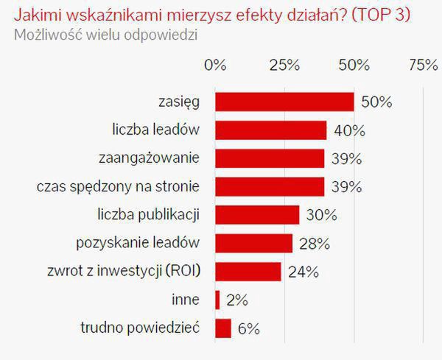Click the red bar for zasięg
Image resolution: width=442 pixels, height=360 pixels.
click(284, 102)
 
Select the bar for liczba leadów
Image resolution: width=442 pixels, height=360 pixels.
click(270, 130)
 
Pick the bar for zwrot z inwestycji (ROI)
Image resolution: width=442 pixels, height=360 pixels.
click(248, 271)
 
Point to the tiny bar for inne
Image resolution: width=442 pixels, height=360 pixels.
click(217, 300)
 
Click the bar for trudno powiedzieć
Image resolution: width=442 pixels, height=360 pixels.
click(223, 328)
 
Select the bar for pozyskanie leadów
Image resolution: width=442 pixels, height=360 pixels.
click(254, 243)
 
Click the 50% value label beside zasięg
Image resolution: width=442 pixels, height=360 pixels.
click(376, 102)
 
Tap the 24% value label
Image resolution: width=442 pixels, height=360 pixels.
click(304, 272)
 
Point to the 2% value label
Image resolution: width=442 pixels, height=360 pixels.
click(237, 300)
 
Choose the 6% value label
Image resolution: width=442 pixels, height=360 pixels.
click(250, 328)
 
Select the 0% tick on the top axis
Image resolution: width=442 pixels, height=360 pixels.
click(215, 66)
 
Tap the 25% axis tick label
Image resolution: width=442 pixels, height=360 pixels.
click(284, 66)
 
